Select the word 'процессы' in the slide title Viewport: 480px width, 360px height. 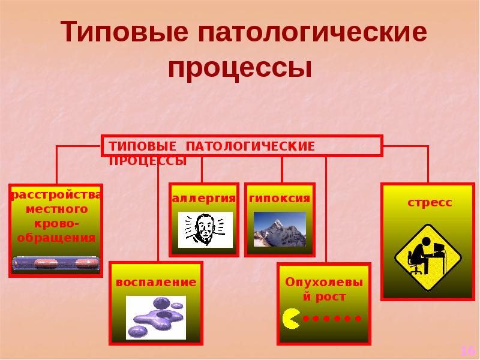tap(240, 68)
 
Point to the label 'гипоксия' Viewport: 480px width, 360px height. tap(280, 199)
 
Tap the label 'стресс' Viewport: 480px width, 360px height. tap(430, 203)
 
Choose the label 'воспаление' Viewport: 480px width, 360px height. tap(156, 282)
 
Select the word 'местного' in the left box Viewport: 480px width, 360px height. tap(56, 209)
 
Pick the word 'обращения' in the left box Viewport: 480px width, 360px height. tap(56, 237)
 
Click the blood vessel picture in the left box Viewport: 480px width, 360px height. tap(56, 263)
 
